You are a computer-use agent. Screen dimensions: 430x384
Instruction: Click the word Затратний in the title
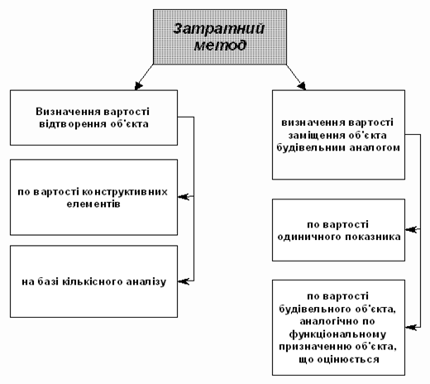coord(218,28)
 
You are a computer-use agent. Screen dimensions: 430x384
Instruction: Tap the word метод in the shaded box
coord(220,46)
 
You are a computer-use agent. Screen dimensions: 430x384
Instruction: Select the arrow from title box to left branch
coord(144,77)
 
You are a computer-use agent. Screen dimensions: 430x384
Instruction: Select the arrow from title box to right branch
coord(296,77)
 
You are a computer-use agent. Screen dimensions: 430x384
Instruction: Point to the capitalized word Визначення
coord(68,112)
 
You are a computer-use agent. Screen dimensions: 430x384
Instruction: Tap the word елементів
coord(93,204)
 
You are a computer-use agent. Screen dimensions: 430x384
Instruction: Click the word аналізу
coord(146,282)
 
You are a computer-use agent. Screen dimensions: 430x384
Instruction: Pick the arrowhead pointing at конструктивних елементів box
coord(184,197)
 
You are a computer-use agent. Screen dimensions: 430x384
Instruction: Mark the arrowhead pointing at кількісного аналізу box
coord(184,281)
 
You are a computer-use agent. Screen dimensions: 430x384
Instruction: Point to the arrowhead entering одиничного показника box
coord(411,229)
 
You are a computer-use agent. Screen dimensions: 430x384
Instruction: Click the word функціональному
coord(337,334)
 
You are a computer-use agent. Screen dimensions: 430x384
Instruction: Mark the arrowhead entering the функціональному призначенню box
coord(411,328)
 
